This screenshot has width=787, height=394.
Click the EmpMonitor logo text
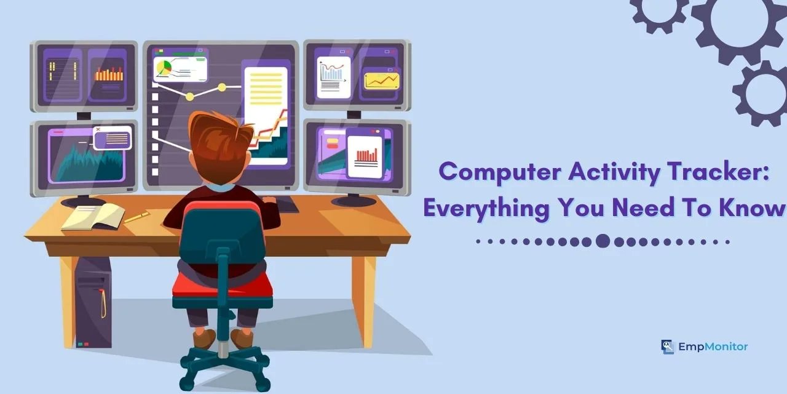[713, 347]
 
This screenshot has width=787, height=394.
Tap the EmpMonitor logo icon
[668, 347]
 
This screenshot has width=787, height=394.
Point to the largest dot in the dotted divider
[603, 241]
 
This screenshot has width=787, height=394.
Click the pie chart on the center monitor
[164, 67]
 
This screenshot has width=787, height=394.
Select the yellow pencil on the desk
[136, 217]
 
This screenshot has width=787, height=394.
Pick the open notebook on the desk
[92, 217]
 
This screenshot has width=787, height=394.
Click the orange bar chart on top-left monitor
[109, 74]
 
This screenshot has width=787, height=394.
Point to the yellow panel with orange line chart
[381, 80]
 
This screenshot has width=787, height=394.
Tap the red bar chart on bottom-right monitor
[366, 155]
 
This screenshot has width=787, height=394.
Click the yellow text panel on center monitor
[266, 92]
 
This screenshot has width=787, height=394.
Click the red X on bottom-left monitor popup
[98, 130]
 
